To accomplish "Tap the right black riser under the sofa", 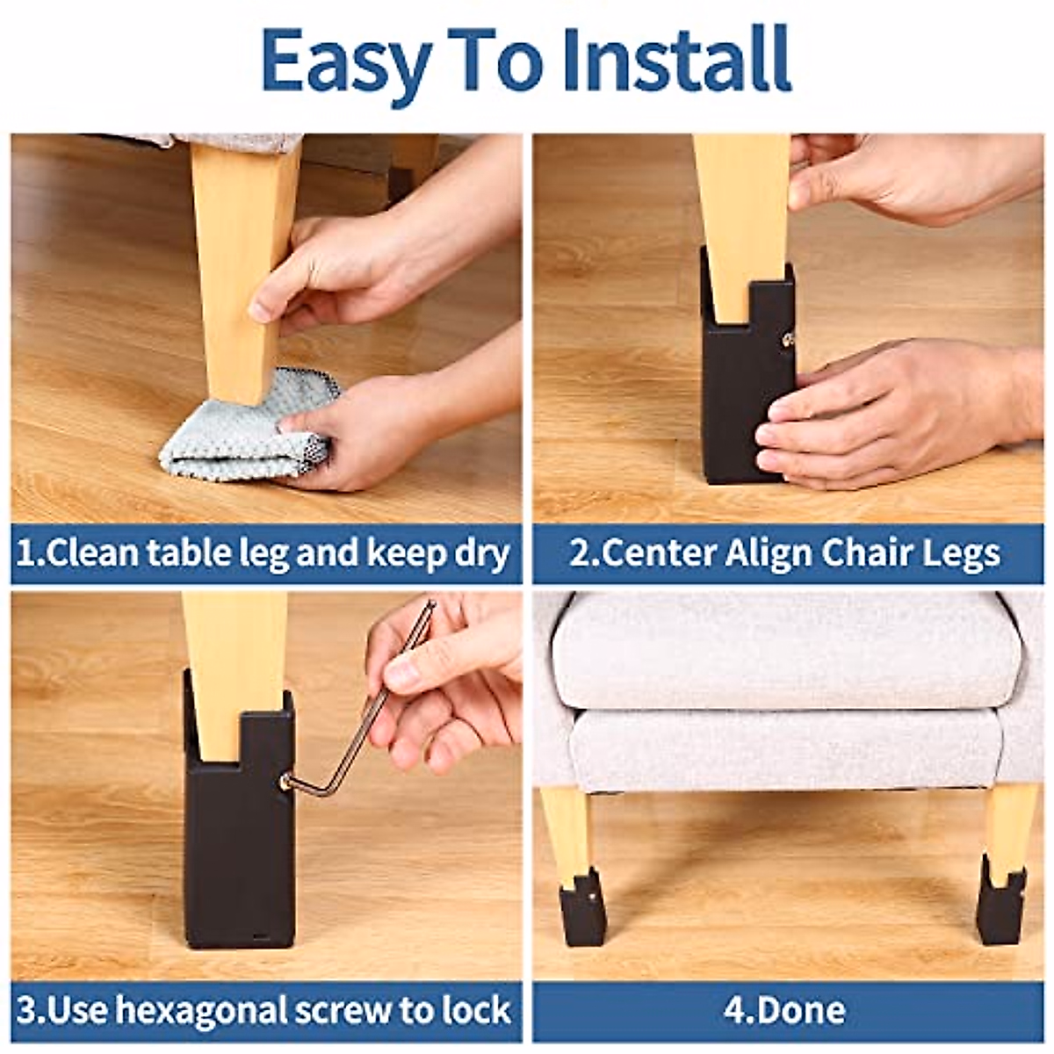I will pyautogui.click(x=1001, y=905).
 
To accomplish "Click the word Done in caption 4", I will pyautogui.click(x=800, y=1010).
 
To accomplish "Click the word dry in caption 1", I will pyautogui.click(x=482, y=554).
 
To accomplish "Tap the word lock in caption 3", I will pyautogui.click(x=478, y=1010).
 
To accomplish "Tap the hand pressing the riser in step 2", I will pyautogui.click(x=887, y=413).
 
